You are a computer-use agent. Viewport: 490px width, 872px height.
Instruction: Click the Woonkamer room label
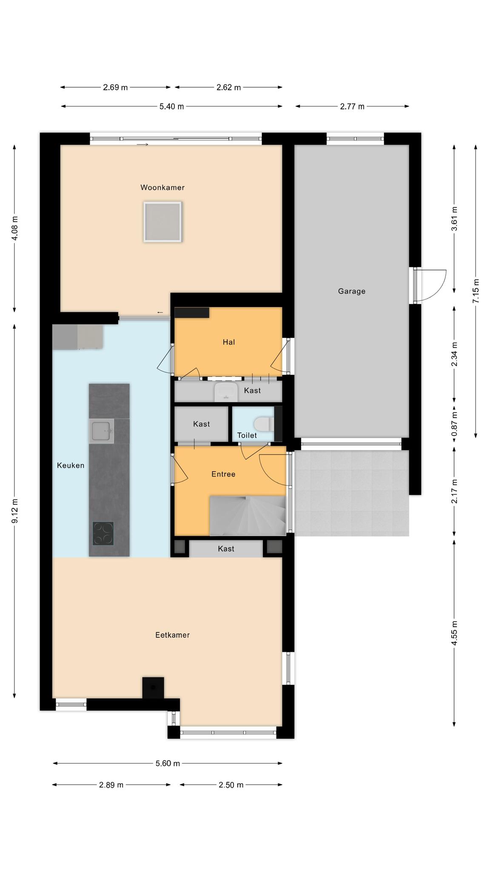tap(162, 187)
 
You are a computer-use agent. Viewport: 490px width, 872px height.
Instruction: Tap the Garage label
tap(352, 291)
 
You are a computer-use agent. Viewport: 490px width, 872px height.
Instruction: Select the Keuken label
tap(71, 465)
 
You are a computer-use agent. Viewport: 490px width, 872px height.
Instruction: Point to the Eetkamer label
tap(172, 635)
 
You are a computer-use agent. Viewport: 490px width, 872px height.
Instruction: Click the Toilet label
tap(247, 435)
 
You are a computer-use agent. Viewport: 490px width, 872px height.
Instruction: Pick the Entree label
tap(223, 474)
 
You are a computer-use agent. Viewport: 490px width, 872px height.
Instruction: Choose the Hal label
tap(229, 342)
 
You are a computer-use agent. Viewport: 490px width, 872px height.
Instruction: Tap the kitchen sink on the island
tap(102, 431)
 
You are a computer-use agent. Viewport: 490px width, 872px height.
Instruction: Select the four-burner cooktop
tap(103, 534)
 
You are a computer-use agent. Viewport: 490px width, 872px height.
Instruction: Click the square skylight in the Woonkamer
tap(163, 222)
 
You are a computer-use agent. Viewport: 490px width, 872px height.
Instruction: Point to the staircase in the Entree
tap(248, 516)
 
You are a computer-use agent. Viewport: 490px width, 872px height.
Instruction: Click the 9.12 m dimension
tap(14, 511)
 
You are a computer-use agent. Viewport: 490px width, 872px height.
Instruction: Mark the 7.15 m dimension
tap(476, 291)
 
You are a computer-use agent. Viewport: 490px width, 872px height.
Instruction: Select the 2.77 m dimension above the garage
tap(352, 106)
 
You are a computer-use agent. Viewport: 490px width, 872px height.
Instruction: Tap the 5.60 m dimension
tap(168, 763)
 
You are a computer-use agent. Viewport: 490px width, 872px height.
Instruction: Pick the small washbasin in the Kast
tap(226, 392)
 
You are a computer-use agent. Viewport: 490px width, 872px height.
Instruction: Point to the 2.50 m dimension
tap(231, 785)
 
